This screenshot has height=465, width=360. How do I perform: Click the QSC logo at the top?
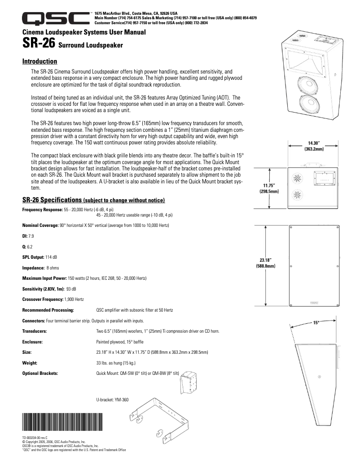56,18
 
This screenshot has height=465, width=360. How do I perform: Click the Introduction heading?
40,61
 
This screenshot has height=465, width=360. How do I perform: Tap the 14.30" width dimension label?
314,146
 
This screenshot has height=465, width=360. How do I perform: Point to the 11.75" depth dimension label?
269,188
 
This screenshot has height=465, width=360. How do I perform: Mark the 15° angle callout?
316,323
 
